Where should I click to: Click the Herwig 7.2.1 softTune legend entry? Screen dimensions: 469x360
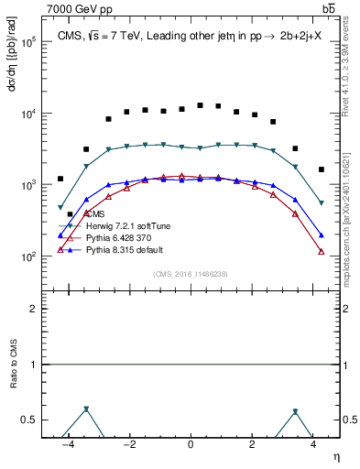(x=123, y=225)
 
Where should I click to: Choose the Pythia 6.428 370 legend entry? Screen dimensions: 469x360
(x=115, y=237)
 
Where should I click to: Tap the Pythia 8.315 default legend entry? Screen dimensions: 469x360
(x=120, y=249)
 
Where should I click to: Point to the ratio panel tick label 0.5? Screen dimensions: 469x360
(x=34, y=420)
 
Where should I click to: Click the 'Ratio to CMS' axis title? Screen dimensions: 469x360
(x=15, y=365)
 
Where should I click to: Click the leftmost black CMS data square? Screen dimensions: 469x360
(x=60, y=179)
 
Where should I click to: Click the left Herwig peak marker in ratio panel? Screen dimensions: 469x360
(x=86, y=409)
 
